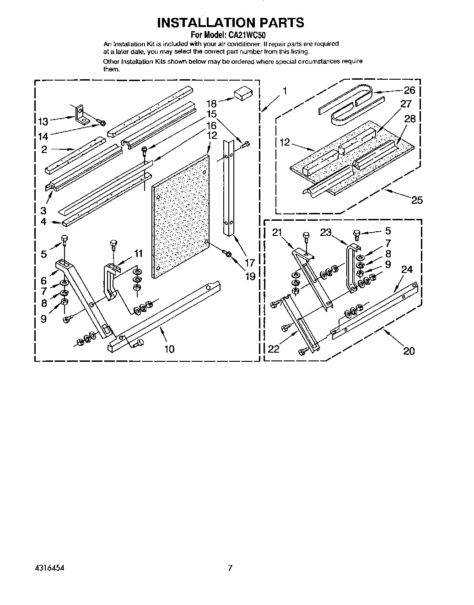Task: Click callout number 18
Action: click(x=211, y=104)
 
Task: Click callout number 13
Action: click(x=43, y=122)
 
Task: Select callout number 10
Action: click(x=169, y=349)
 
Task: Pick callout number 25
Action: click(x=417, y=200)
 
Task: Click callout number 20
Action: click(x=409, y=351)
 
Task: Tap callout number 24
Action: click(x=407, y=270)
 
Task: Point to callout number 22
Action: click(x=274, y=349)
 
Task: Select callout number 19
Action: click(x=250, y=276)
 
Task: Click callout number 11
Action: click(x=138, y=254)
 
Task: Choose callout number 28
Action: click(x=410, y=119)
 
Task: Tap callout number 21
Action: click(x=277, y=233)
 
